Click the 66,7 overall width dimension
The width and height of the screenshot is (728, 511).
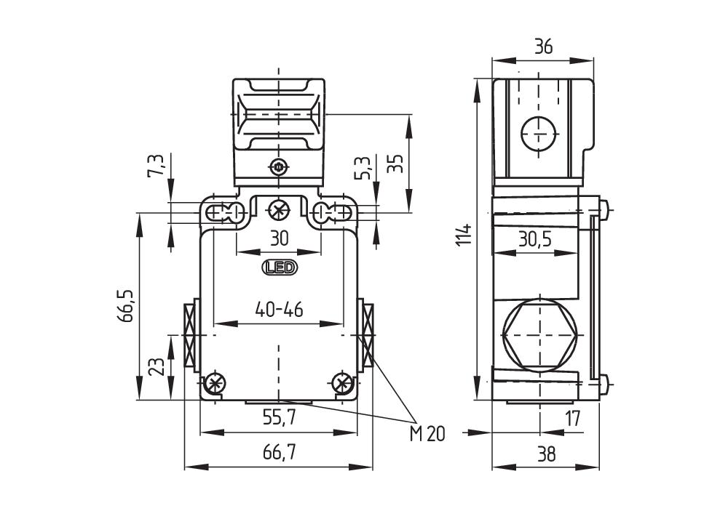coord(280,454)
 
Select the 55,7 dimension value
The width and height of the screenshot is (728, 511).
coord(279,417)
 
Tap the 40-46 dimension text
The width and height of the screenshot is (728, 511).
coord(279,310)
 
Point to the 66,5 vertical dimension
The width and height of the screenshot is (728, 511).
coord(127,305)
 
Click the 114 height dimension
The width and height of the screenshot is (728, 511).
coord(464,236)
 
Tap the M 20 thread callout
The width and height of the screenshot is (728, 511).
coord(427,435)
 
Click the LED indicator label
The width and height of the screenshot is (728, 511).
coord(280,268)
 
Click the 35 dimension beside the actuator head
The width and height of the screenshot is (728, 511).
coord(395,162)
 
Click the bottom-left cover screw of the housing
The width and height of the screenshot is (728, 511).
coord(214,383)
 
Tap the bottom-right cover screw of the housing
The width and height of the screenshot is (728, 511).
coord(341,383)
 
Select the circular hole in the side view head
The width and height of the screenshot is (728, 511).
coord(539,134)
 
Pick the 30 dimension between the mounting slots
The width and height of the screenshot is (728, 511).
coord(279,238)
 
